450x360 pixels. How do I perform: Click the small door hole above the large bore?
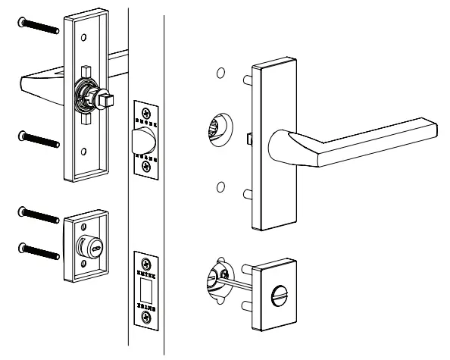coord(220,74)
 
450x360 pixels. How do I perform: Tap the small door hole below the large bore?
coord(220,186)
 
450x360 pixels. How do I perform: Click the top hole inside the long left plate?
coord(83,36)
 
